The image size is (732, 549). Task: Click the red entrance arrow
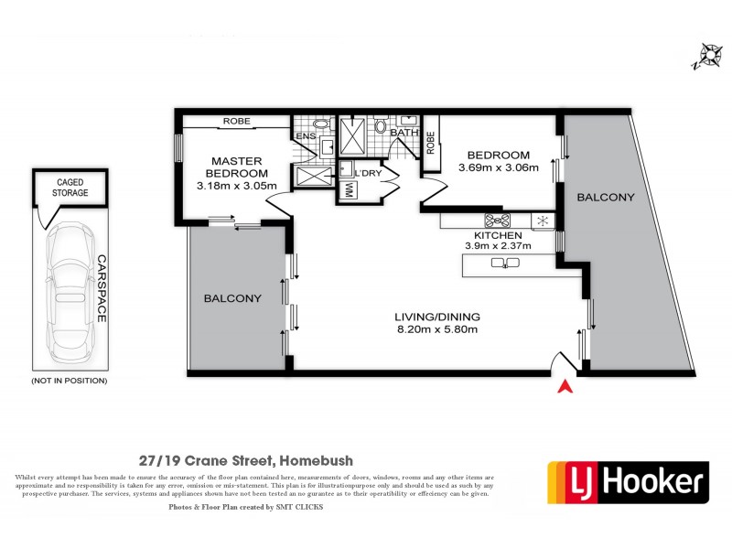[565, 387]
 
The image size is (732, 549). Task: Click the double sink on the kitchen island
[505, 264]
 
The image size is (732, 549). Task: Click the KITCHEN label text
[497, 235]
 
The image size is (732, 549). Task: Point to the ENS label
[304, 138]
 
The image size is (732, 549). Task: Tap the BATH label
[404, 133]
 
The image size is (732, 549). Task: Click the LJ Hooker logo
[628, 480]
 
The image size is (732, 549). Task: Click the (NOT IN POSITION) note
[69, 380]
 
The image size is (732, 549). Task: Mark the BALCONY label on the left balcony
[232, 298]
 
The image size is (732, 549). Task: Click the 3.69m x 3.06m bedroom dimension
[498, 167]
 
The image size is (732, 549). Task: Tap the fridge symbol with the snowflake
[541, 221]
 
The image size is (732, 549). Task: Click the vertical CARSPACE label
[102, 287]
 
